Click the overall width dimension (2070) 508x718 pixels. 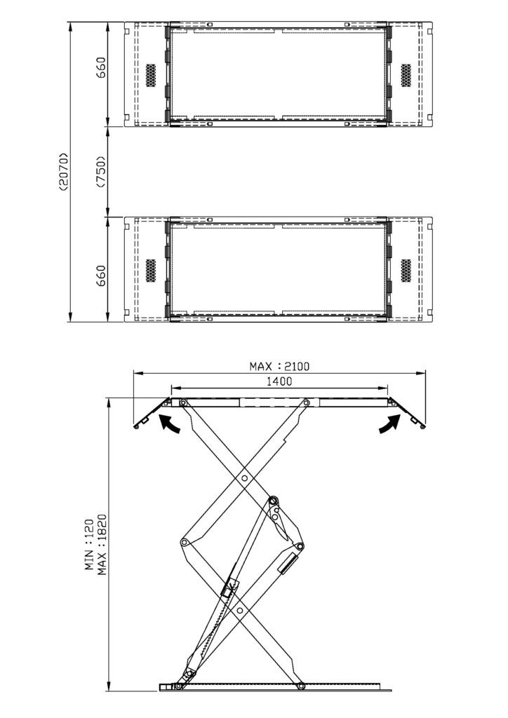tap(63, 171)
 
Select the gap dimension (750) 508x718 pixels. tap(101, 171)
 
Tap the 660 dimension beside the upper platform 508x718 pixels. tap(101, 67)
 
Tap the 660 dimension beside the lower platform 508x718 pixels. tap(101, 276)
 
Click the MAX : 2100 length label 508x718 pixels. tap(279, 366)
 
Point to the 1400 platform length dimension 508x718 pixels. tap(279, 381)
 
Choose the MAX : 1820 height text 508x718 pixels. tap(102, 544)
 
